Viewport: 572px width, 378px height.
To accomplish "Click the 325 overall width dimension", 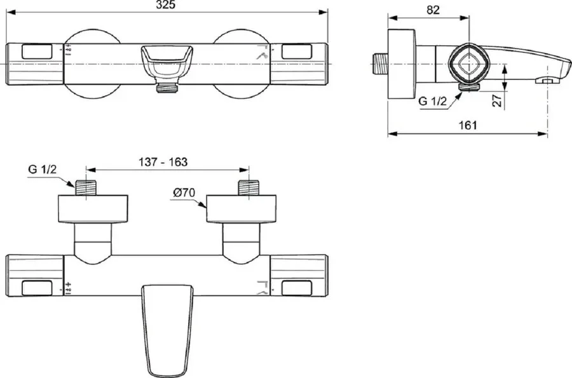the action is pos(166,4).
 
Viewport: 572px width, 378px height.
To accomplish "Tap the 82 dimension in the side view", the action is pos(433,10).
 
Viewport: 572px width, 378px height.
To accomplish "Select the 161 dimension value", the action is pos(468,125).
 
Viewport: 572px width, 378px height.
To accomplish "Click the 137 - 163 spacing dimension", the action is pos(163,162).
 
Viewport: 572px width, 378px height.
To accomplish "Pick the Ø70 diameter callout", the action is pos(184,192).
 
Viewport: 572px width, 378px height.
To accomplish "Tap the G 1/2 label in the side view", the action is pos(432,101).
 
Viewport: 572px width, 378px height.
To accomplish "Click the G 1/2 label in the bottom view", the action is pos(43,169).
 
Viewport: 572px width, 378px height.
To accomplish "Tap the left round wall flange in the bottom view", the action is pos(93,208).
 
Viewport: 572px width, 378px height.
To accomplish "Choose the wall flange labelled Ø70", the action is pos(241,208).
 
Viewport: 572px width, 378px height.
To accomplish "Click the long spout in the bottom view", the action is pos(167,330).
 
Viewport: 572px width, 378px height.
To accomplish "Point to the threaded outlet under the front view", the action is pos(167,88).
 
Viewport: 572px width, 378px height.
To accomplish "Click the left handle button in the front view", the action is pos(37,51).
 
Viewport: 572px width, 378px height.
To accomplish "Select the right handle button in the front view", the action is pos(297,51).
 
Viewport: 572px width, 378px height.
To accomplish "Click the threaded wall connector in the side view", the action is pos(381,64).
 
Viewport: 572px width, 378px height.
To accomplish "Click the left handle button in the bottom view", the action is pos(37,288).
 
